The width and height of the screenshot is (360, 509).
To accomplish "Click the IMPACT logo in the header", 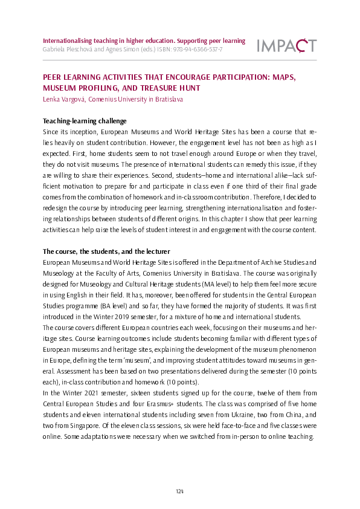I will tap(286, 45).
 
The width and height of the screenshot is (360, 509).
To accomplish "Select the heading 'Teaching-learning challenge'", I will tap(84, 121).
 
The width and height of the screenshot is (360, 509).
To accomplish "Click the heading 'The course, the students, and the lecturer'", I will tap(106, 251).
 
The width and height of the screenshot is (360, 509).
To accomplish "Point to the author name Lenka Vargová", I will tap(66, 99).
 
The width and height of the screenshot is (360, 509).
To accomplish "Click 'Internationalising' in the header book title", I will tap(68, 41).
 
